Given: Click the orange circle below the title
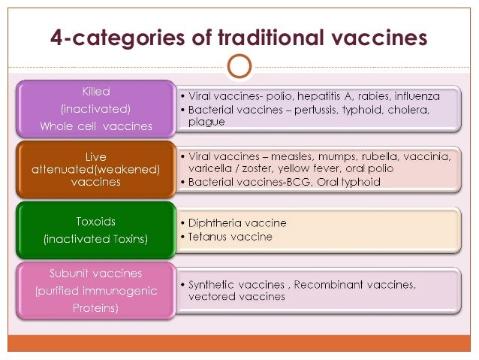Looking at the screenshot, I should pos(239,66).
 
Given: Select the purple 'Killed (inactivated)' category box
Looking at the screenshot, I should pos(96,109).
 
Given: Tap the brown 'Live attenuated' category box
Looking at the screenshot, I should pos(96,170).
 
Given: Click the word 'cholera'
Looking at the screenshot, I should pos(406,110).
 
